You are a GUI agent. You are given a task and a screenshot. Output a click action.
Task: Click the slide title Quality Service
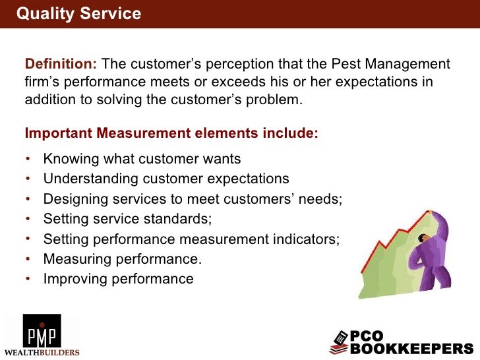click(78, 14)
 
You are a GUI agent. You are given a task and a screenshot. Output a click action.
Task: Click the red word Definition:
click(61, 64)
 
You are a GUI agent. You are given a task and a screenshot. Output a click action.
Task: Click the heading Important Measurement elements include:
click(171, 133)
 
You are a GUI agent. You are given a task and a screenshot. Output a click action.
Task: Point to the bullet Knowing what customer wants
click(142, 159)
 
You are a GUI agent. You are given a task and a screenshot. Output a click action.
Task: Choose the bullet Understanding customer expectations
click(166, 179)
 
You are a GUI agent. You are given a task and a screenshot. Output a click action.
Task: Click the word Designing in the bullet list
click(73, 198)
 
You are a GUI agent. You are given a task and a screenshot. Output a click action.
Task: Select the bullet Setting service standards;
click(128, 218)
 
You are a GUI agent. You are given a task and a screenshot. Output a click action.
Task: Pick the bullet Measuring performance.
click(123, 258)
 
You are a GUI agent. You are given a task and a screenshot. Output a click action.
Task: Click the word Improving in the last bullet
click(71, 279)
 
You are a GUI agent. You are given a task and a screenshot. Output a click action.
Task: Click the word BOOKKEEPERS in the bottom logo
click(411, 348)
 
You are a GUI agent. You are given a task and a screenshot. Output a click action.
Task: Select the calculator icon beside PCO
click(338, 342)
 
